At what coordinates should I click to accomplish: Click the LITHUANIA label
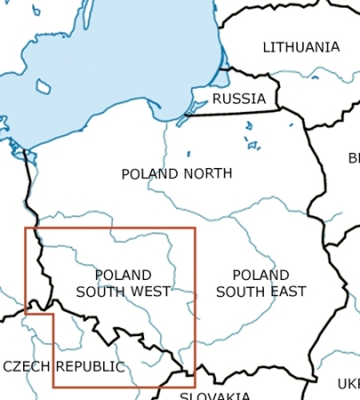tap(301, 47)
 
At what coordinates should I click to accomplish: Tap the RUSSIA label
tap(239, 98)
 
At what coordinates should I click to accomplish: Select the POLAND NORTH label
tap(177, 173)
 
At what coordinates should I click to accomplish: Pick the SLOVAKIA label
tap(214, 395)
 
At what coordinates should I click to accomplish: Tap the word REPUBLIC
tap(90, 366)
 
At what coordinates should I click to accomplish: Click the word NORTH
tap(207, 173)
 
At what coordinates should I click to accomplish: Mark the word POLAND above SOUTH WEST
tap(123, 275)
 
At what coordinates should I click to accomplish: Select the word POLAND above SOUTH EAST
tap(260, 275)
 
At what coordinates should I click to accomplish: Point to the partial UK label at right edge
tap(349, 383)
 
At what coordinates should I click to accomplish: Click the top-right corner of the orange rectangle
tap(194, 228)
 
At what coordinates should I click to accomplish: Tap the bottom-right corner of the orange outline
tap(194, 387)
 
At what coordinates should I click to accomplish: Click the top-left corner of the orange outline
tap(26, 228)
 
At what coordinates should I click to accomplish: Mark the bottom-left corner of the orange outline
tap(54, 387)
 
